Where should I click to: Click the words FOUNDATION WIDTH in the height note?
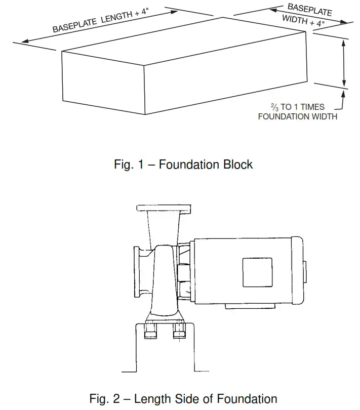(x=297, y=116)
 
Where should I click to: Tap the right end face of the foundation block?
(x=225, y=76)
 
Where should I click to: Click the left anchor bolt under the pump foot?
(x=150, y=334)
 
